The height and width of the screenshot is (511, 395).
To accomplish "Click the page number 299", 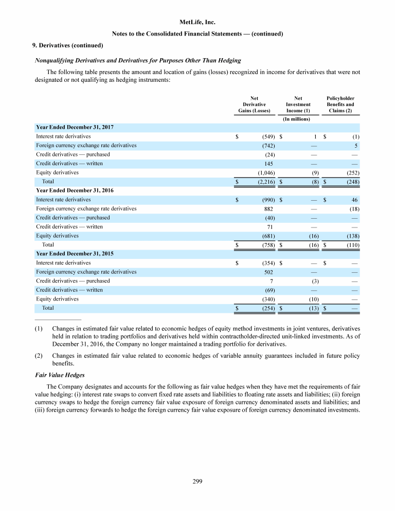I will coord(197,481).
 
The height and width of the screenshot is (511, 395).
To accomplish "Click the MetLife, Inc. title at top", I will coord(197,23).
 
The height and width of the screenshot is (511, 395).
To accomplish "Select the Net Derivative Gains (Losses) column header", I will coord(251,104).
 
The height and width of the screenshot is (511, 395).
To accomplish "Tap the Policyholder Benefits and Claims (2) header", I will coord(340,104).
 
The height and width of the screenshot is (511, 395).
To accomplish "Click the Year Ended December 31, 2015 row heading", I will coord(75,254).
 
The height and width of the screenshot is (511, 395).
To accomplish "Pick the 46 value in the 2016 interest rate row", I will coord(355,200).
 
